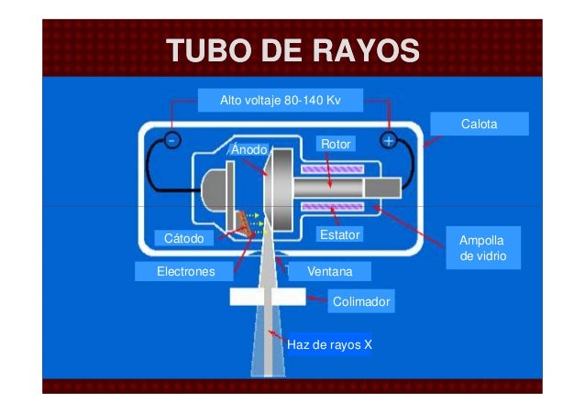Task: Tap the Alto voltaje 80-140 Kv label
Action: (x=281, y=98)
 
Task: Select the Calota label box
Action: (x=480, y=123)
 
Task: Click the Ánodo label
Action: (x=248, y=148)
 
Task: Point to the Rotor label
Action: (x=335, y=144)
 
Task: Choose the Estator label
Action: (x=338, y=235)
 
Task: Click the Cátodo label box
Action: (x=182, y=238)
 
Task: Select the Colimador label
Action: (x=361, y=300)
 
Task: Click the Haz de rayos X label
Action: (x=329, y=345)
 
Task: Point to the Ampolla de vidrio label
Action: (x=482, y=248)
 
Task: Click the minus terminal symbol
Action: (x=171, y=141)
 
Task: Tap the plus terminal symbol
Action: (x=388, y=141)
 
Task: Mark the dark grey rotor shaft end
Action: (x=381, y=189)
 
